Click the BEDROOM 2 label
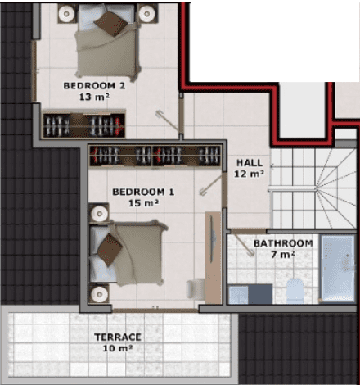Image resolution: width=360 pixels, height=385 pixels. tap(94, 86)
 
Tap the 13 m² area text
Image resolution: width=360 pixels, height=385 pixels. tap(94, 97)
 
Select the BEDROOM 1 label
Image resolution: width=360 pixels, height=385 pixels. tap(143, 192)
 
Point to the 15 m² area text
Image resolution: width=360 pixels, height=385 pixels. tap(143, 203)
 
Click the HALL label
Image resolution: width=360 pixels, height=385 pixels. tap(250, 163)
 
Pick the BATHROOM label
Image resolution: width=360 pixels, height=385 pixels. tap(283, 243)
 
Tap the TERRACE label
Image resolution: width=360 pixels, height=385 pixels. tap(118, 337)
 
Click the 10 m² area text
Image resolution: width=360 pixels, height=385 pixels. tap(118, 348)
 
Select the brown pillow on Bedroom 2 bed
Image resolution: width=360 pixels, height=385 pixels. tap(110, 24)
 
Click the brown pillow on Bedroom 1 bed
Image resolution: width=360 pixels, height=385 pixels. tap(110, 250)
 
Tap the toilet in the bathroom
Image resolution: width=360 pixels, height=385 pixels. tap(295, 291)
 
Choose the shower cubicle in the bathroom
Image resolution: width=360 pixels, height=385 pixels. tap(338, 269)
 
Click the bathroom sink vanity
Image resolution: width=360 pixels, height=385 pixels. tap(250, 294)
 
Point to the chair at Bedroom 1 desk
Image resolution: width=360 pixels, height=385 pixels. tap(196, 289)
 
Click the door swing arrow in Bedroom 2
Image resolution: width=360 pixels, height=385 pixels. tap(167, 120)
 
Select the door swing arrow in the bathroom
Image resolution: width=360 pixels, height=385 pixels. tap(244, 246)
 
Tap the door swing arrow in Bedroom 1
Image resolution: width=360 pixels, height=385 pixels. tap(210, 185)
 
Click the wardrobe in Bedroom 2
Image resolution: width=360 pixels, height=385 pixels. tap(84, 125)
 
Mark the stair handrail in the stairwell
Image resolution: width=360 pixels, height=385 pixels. tap(292, 189)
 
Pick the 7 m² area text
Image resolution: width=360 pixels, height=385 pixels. tap(283, 255)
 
